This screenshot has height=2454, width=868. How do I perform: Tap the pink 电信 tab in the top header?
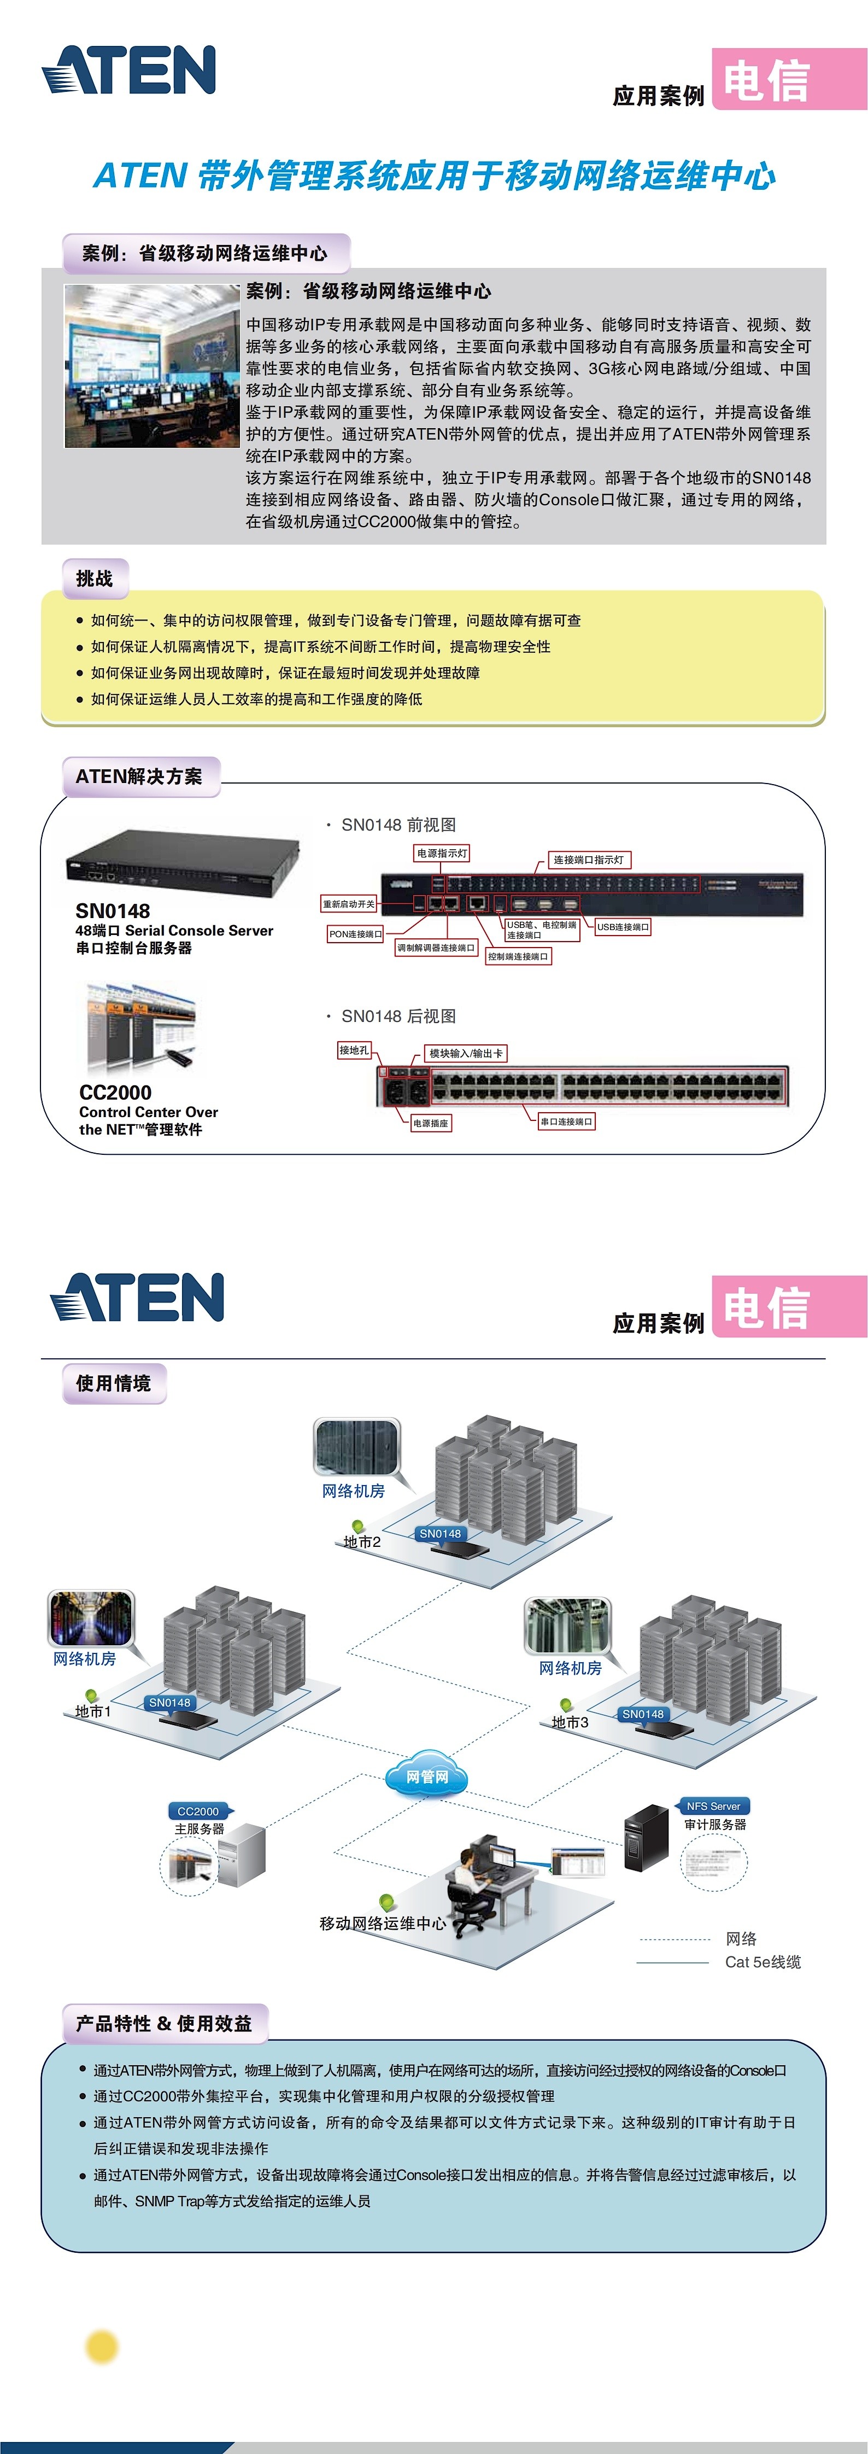(788, 80)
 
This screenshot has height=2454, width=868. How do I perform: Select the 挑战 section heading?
(95, 579)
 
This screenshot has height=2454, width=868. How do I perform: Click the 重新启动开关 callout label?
(349, 903)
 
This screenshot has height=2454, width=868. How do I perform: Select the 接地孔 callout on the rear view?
(354, 1050)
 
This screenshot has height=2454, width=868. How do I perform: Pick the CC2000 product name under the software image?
(115, 1092)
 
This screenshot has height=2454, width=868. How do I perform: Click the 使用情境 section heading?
(113, 1383)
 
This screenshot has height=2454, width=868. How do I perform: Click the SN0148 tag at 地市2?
(440, 1533)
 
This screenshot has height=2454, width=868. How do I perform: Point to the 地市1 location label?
(93, 1711)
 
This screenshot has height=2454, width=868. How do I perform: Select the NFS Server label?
(713, 1806)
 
